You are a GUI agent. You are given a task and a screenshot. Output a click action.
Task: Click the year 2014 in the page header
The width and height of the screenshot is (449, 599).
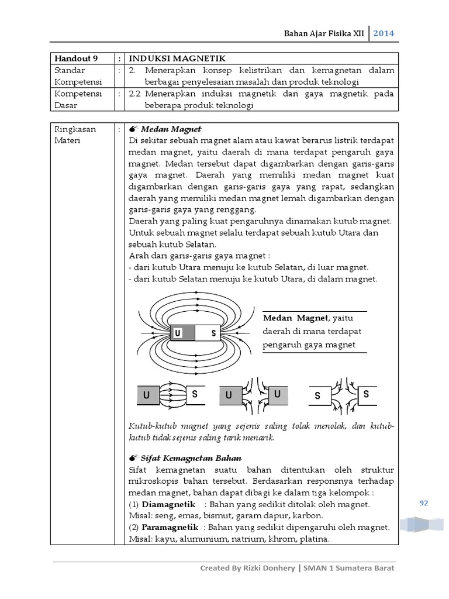(x=384, y=33)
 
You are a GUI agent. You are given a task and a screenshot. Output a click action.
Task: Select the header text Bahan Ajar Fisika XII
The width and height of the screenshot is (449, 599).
(x=327, y=33)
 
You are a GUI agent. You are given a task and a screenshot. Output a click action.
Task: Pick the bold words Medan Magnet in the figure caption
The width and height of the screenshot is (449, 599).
(x=295, y=318)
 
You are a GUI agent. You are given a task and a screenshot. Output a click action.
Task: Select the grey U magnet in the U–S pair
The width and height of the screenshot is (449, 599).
(x=147, y=395)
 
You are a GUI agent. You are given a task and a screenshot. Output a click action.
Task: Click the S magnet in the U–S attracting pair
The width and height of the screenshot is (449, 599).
(x=194, y=395)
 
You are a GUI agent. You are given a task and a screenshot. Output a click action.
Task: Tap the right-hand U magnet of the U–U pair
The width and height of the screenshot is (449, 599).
(x=277, y=395)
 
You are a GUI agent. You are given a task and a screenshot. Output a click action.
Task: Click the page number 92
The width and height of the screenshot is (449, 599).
(x=424, y=502)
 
